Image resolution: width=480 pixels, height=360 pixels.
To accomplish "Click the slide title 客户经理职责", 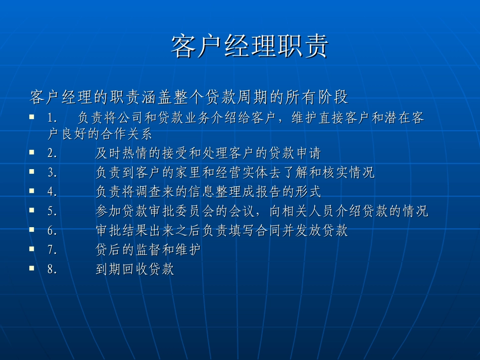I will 250,47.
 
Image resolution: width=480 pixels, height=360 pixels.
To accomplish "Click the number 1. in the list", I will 53,118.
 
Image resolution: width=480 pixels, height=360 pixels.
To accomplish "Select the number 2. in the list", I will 53,153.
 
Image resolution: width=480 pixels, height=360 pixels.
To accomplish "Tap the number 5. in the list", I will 53,212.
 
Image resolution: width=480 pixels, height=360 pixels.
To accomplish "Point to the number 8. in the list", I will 53,270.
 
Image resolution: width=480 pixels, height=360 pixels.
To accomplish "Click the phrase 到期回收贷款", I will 135,270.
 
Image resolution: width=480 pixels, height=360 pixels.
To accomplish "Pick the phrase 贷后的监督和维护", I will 149,250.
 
